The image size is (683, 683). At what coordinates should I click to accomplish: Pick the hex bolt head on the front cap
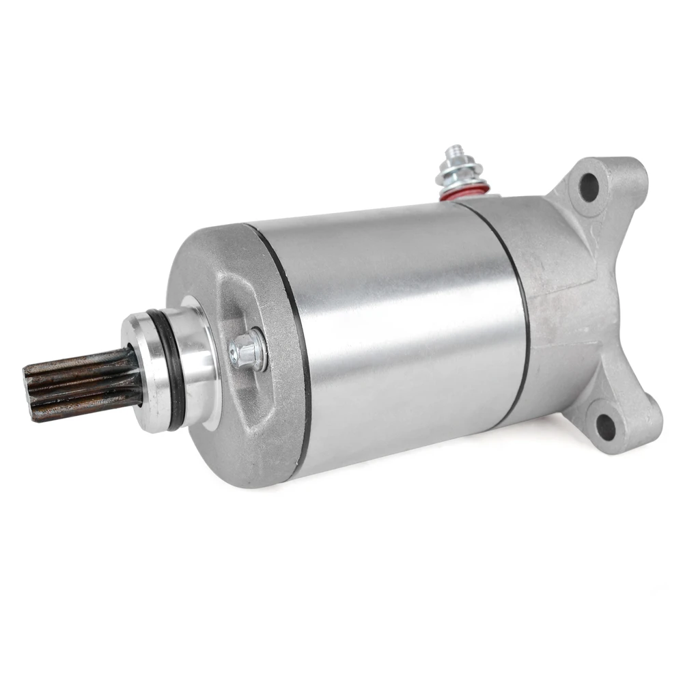coord(247,351)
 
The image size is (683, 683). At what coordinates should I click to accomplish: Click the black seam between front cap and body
coord(294,341)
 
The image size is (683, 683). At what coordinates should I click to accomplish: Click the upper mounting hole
coord(589,184)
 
